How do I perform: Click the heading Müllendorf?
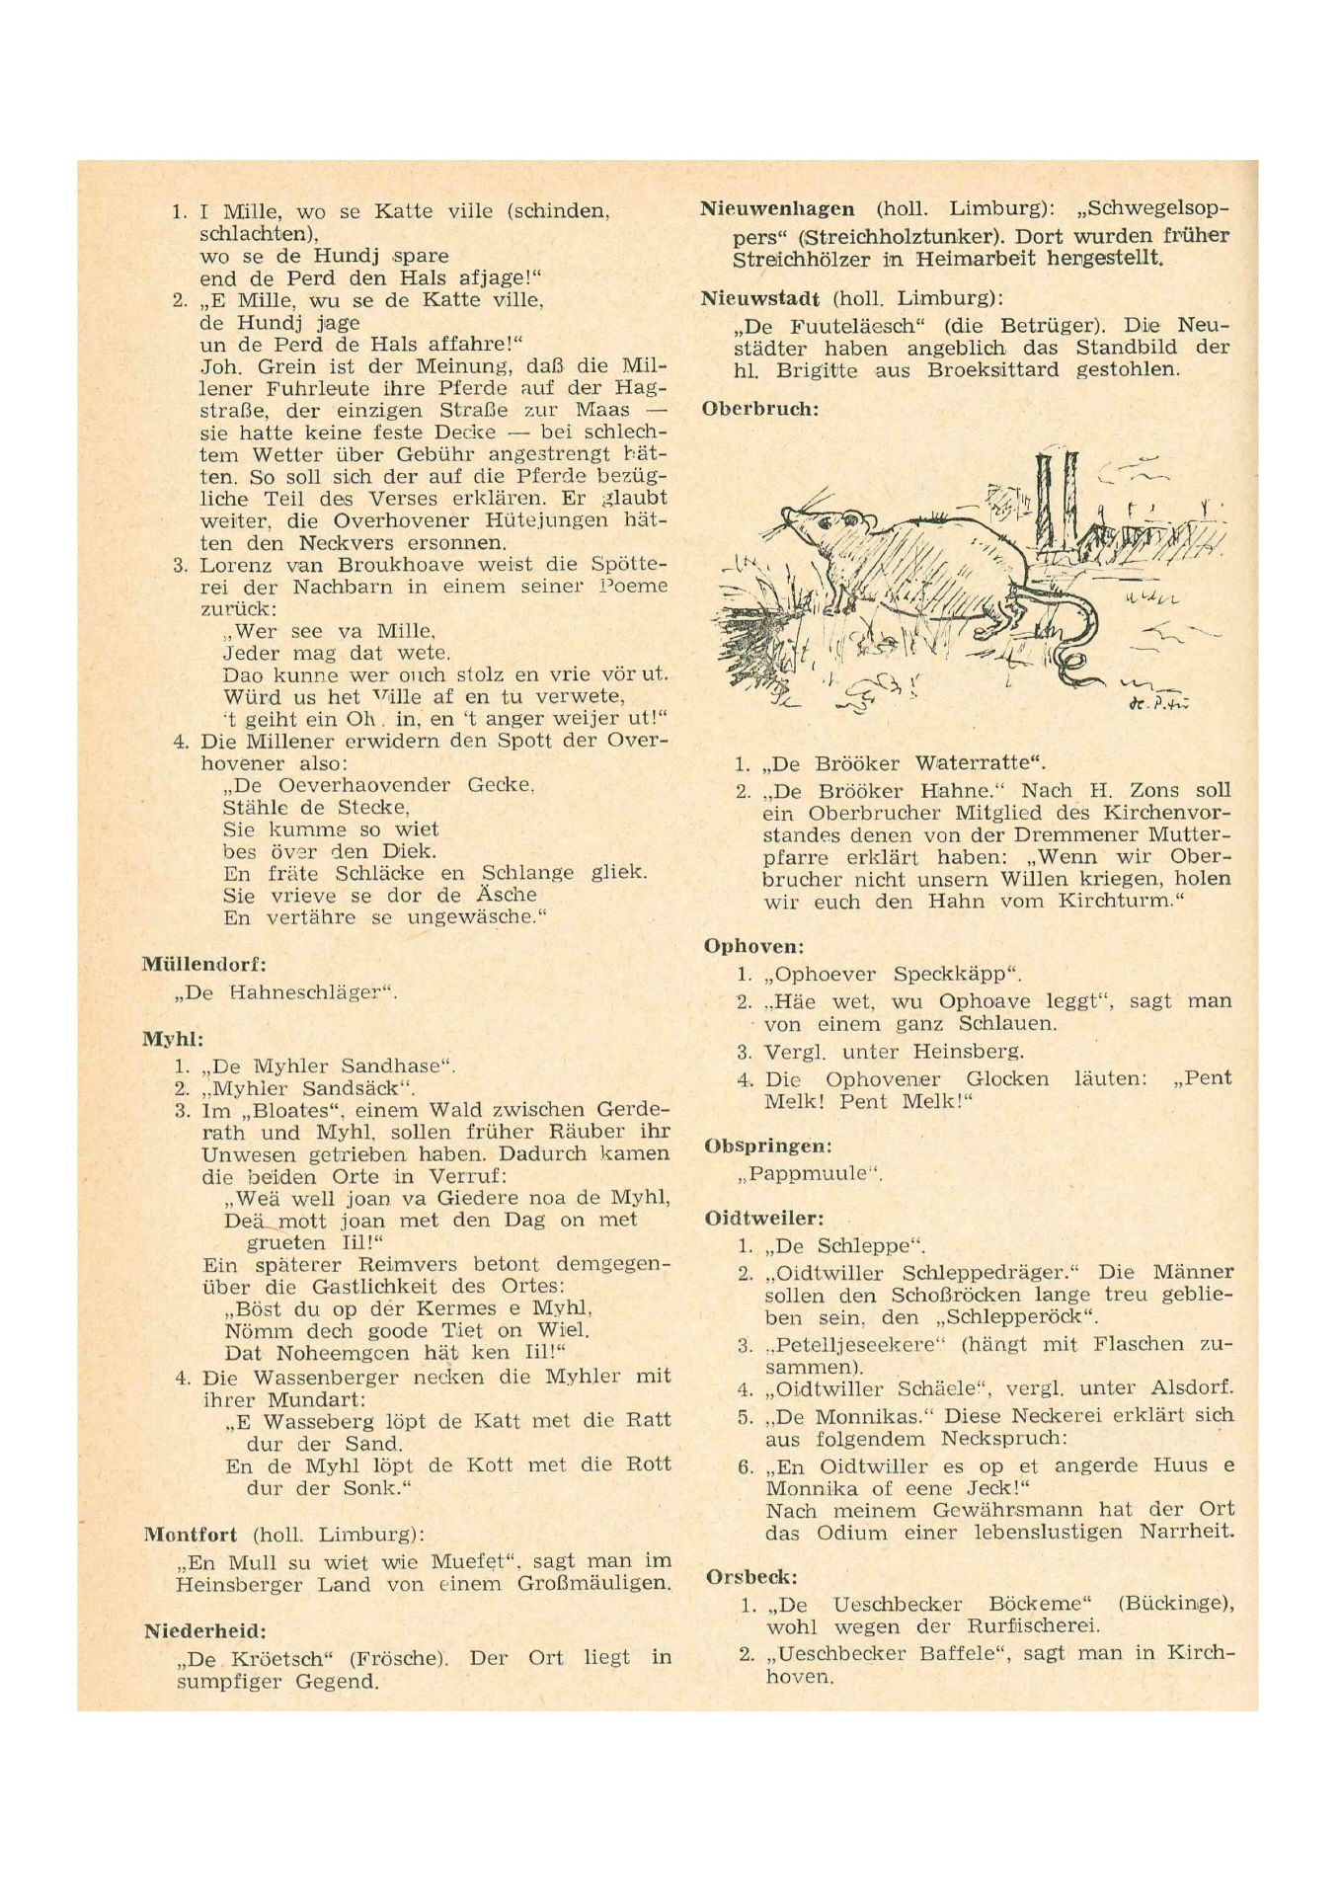203,964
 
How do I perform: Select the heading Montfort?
191,1535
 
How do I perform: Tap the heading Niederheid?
204,1631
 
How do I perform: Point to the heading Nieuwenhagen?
777,209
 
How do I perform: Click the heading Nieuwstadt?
760,298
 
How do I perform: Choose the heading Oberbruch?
760,408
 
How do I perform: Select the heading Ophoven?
753,946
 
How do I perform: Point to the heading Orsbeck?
751,1578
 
